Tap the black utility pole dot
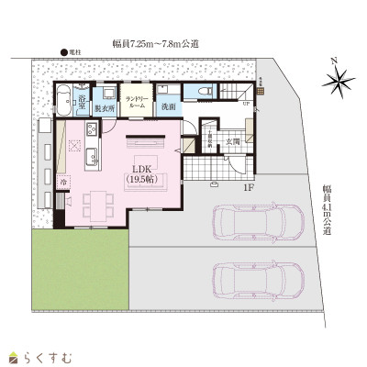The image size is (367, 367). point(63,53)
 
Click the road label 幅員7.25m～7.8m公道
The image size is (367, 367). point(156,43)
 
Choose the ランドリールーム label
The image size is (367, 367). point(137,101)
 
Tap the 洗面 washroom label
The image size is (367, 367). point(168,106)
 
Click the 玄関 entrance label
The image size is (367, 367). point(233,142)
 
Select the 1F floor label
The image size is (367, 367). point(248,189)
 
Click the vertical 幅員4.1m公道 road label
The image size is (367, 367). point(327,211)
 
